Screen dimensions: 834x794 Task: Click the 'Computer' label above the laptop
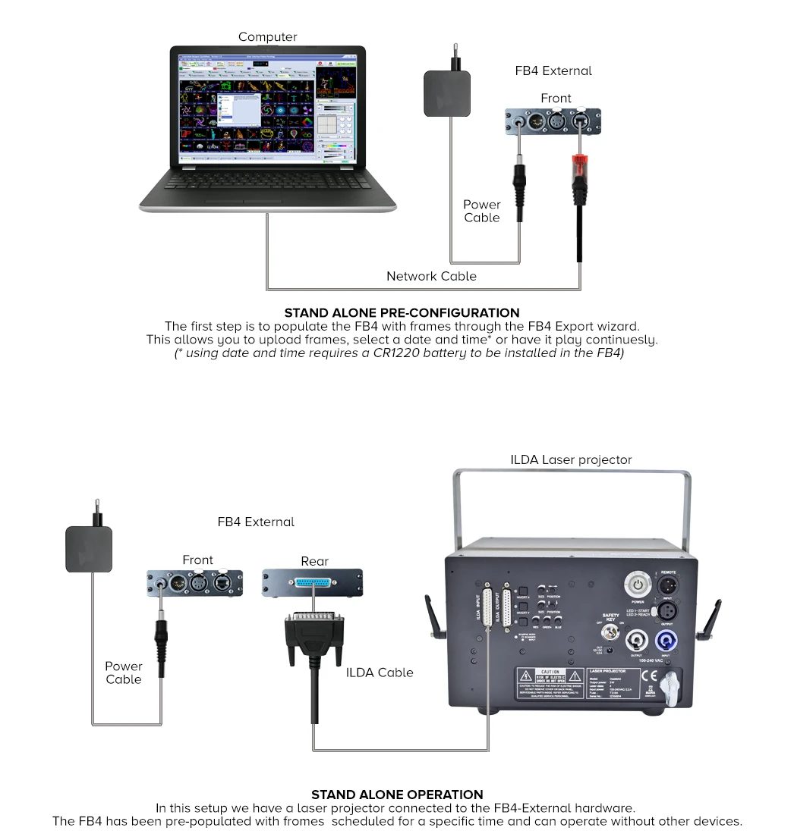coord(267,37)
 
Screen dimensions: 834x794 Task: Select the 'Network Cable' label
coord(431,276)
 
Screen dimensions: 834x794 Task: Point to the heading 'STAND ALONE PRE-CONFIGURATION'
coord(402,312)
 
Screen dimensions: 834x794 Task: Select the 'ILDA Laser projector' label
coord(571,459)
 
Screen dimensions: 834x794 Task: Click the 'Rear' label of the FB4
coord(314,561)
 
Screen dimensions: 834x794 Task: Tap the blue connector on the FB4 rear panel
coord(311,582)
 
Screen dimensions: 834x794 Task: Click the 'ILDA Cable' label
coord(380,673)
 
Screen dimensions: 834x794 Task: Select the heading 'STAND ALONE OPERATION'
coord(397,795)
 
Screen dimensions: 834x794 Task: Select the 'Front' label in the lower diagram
coord(197,560)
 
